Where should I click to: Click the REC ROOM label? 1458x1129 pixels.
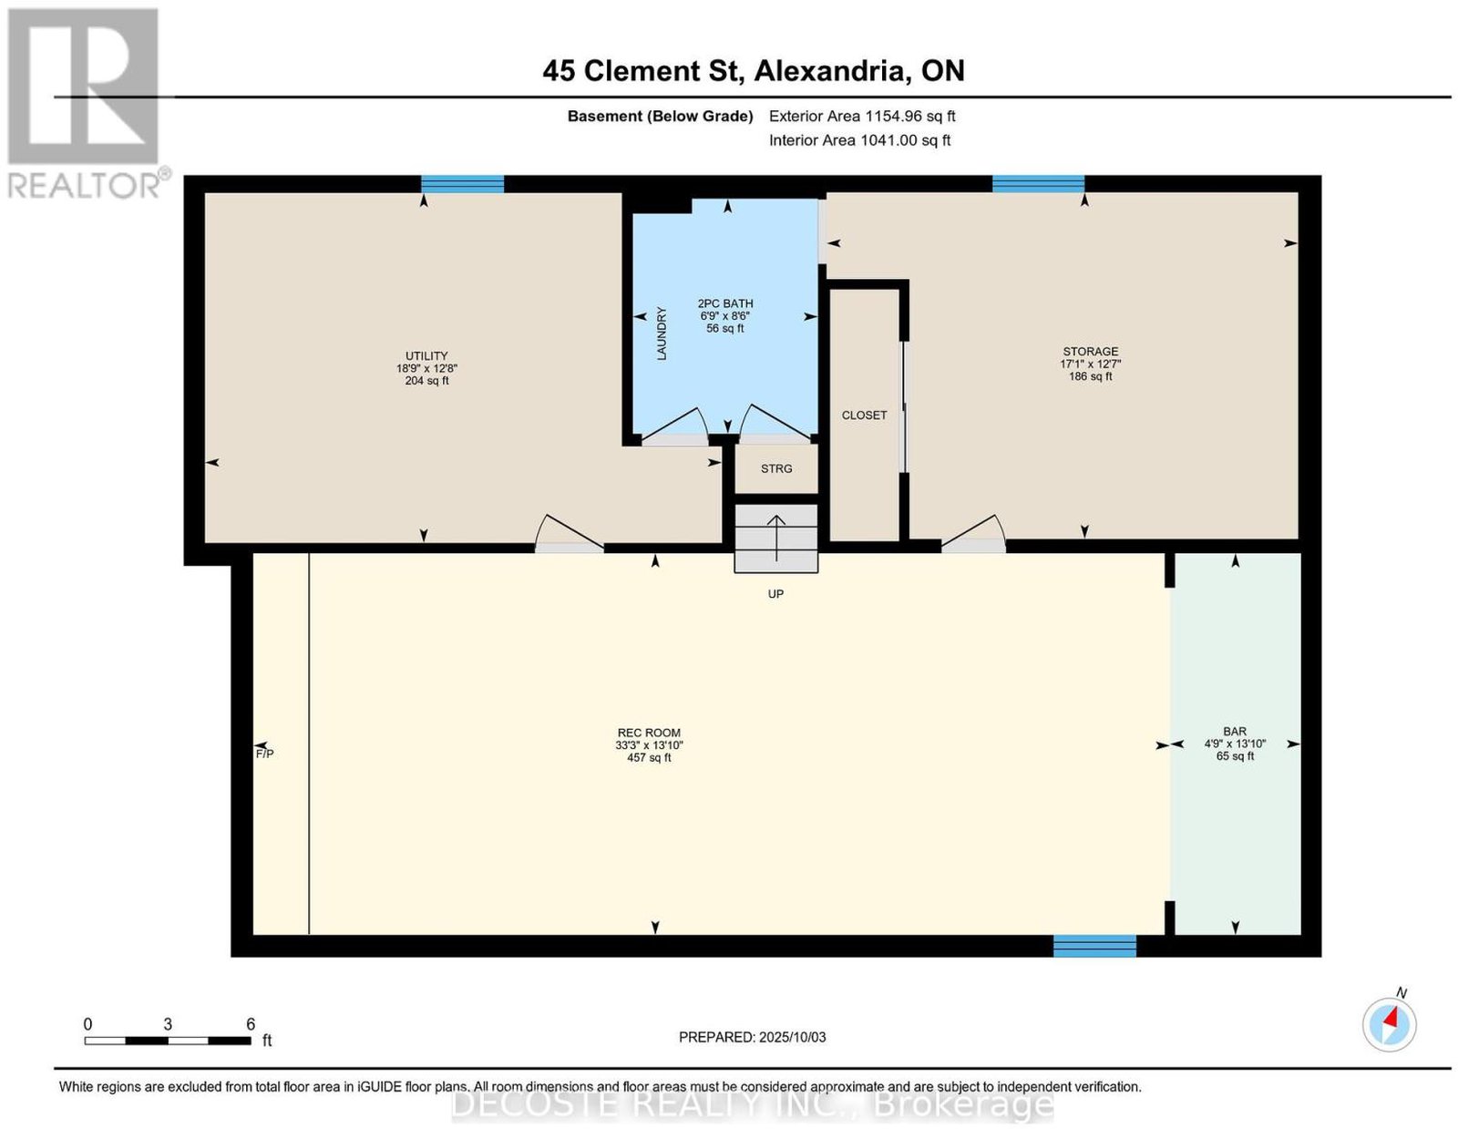[649, 733]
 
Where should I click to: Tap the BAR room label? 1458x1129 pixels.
[1235, 731]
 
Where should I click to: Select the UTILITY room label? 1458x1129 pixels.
[426, 355]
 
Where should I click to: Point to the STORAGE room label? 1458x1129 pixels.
[1091, 352]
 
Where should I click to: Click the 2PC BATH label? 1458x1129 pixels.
[725, 303]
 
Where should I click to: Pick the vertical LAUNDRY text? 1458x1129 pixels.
[662, 334]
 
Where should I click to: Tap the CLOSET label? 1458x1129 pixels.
[864, 416]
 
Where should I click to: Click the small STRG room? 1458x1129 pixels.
[776, 469]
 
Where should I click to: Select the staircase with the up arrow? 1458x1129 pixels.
[776, 538]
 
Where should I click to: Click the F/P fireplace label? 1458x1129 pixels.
[264, 754]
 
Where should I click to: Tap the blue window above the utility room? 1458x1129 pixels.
[462, 184]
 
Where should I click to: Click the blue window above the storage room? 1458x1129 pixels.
[1038, 184]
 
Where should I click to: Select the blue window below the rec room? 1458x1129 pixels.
[1094, 946]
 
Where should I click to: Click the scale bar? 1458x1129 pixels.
[168, 1041]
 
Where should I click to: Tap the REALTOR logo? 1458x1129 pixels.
[85, 104]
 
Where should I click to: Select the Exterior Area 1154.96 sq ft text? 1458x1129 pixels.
[862, 116]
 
